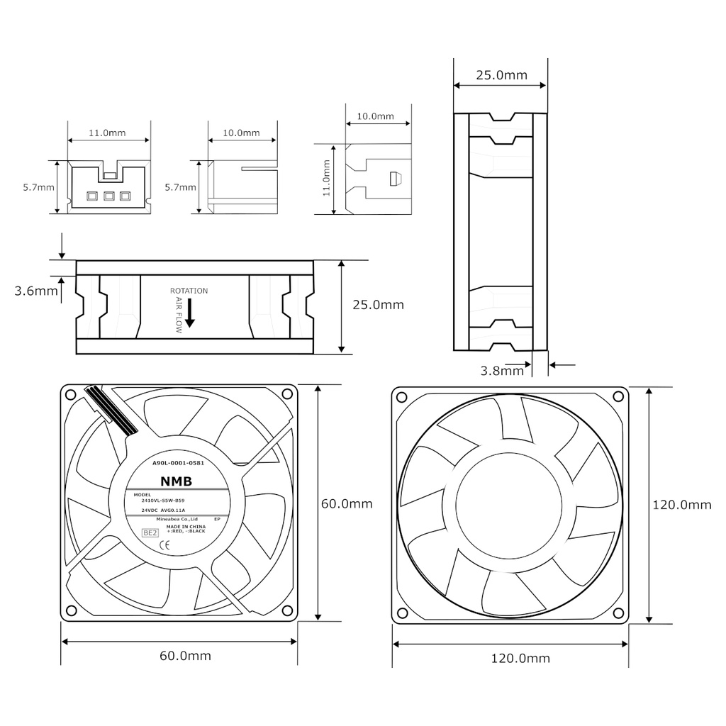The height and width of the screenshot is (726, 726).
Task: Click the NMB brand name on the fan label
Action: point(176,481)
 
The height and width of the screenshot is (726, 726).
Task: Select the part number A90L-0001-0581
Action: point(179,463)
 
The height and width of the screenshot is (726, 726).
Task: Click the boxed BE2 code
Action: point(150,532)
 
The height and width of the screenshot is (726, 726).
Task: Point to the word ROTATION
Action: point(189,291)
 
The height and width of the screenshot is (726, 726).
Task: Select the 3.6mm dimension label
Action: point(36,291)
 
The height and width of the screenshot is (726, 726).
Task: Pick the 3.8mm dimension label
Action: point(502,370)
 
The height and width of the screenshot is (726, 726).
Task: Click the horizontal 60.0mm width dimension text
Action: point(185,656)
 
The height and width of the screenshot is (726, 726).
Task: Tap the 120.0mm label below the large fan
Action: point(520,658)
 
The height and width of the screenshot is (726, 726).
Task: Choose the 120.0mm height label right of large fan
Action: point(681,505)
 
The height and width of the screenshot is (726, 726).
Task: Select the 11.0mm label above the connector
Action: point(107,133)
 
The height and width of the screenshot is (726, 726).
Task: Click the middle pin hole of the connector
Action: point(109,196)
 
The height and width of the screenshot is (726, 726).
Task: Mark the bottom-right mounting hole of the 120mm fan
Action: point(619,613)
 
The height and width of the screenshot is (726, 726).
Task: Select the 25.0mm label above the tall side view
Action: point(501,74)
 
